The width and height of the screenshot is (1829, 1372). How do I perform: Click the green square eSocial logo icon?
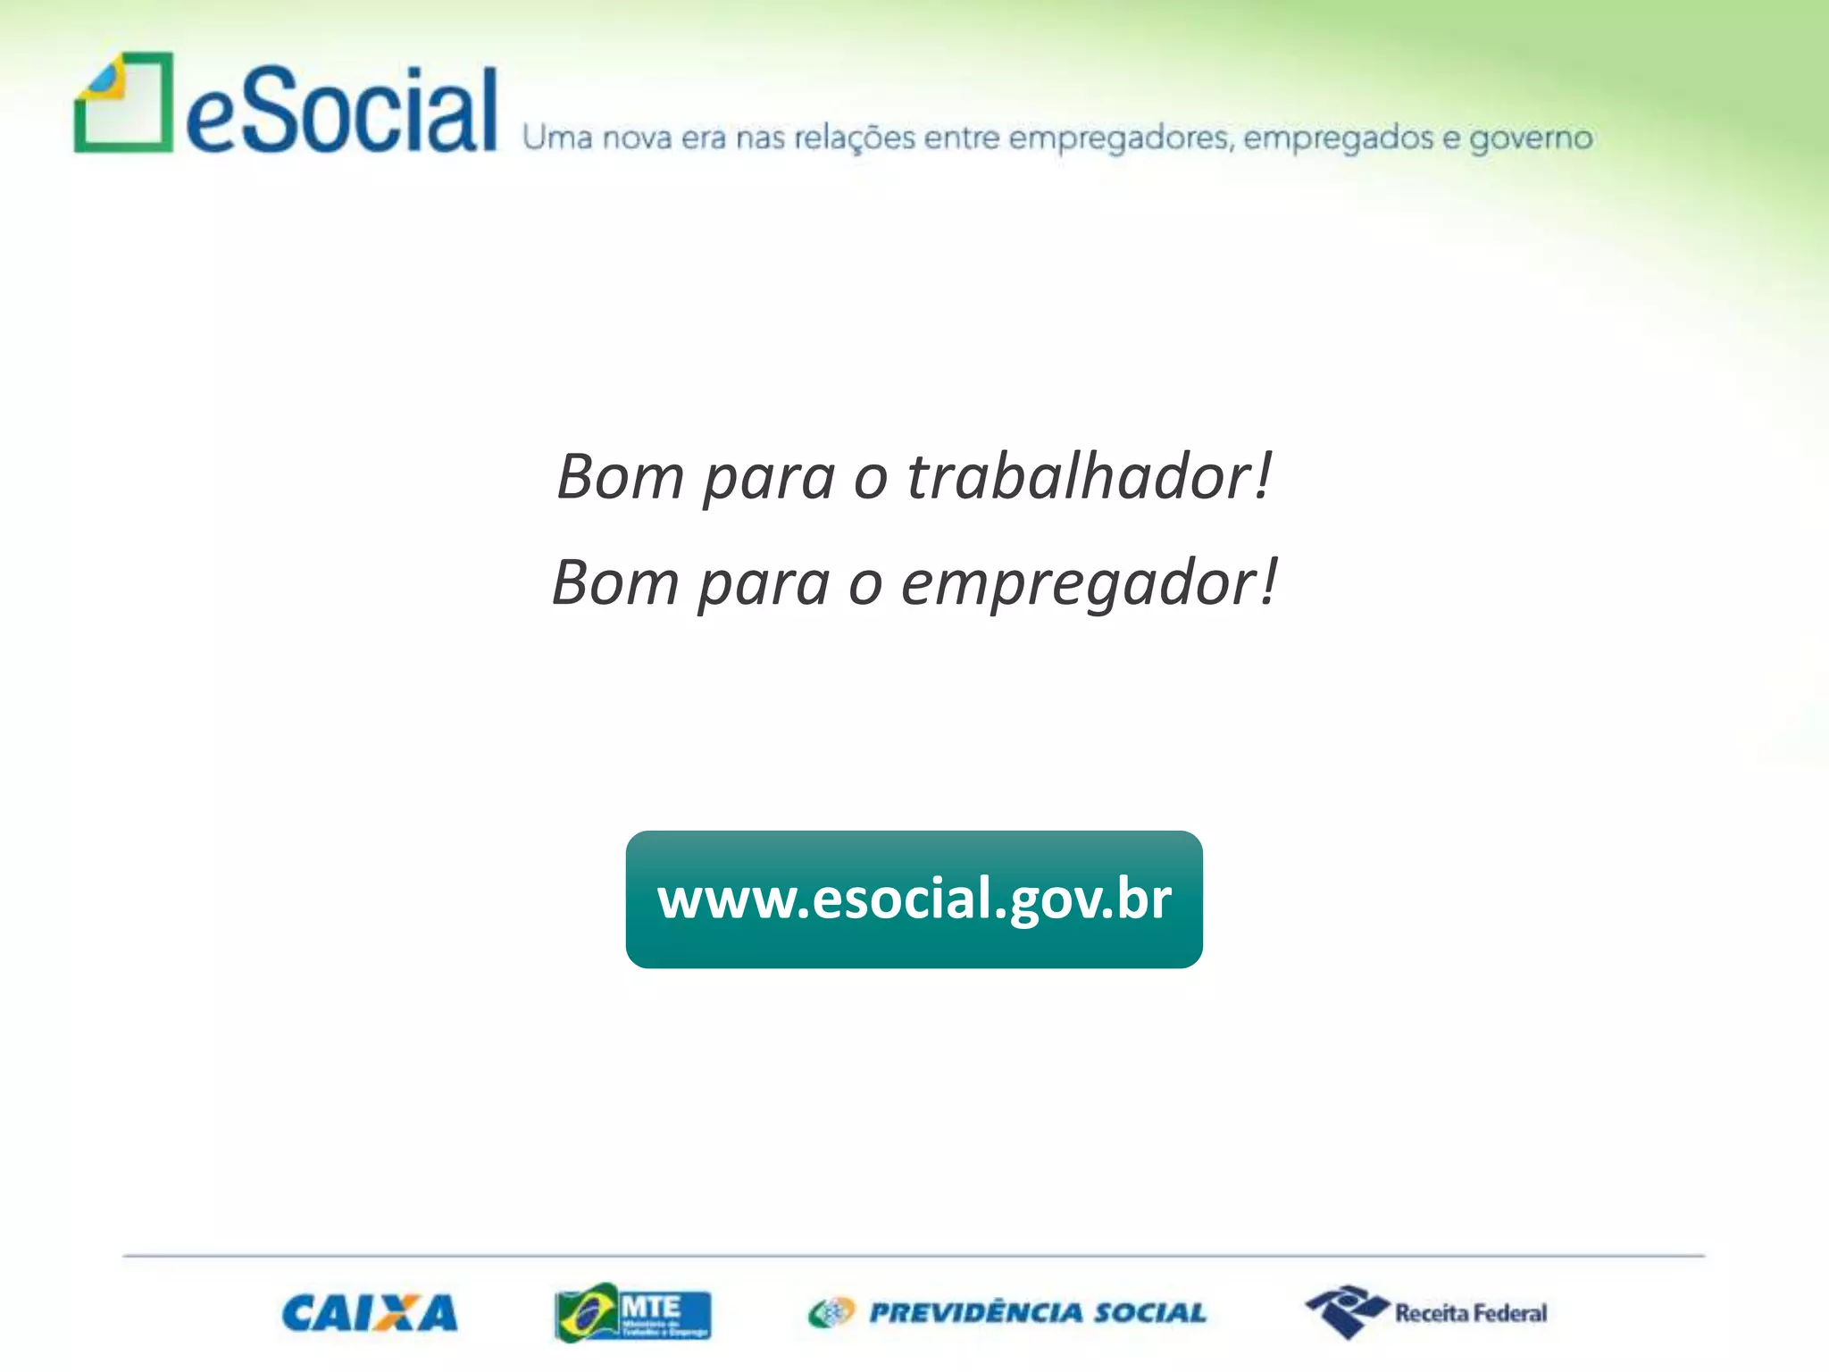coord(123,103)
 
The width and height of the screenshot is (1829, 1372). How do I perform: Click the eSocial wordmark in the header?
coord(342,111)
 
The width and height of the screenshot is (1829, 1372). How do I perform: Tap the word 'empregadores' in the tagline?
coord(1121,138)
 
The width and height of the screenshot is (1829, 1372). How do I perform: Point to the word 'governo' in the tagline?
coord(1531,138)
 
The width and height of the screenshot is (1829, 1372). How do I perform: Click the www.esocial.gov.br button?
coord(914,899)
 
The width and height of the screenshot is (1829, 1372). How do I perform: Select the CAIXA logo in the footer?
coord(370,1313)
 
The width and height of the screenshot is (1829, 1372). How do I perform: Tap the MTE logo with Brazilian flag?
coord(632,1312)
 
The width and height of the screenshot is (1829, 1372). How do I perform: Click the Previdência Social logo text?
coord(1038,1313)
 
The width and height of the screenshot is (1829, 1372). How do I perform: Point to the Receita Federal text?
coord(1471,1313)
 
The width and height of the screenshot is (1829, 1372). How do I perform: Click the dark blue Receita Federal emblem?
coord(1347,1311)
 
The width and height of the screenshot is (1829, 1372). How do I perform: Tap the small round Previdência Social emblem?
coord(831,1313)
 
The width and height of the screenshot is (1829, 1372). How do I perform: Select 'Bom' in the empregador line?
coord(615,582)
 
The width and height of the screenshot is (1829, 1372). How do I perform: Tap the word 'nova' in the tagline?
coord(637,138)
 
